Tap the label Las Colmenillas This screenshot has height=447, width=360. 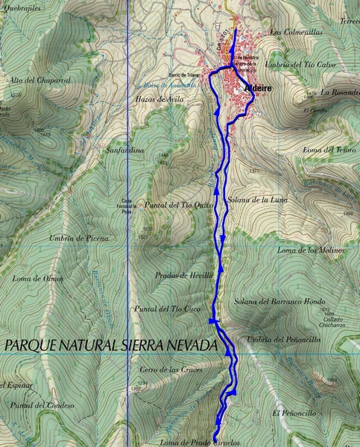[x=296, y=32]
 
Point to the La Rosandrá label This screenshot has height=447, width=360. [x=340, y=92]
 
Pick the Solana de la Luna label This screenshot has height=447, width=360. [x=259, y=200]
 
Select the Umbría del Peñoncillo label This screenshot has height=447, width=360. [x=283, y=339]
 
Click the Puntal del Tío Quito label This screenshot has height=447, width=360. [x=175, y=205]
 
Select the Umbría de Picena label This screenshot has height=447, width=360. [x=78, y=238]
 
